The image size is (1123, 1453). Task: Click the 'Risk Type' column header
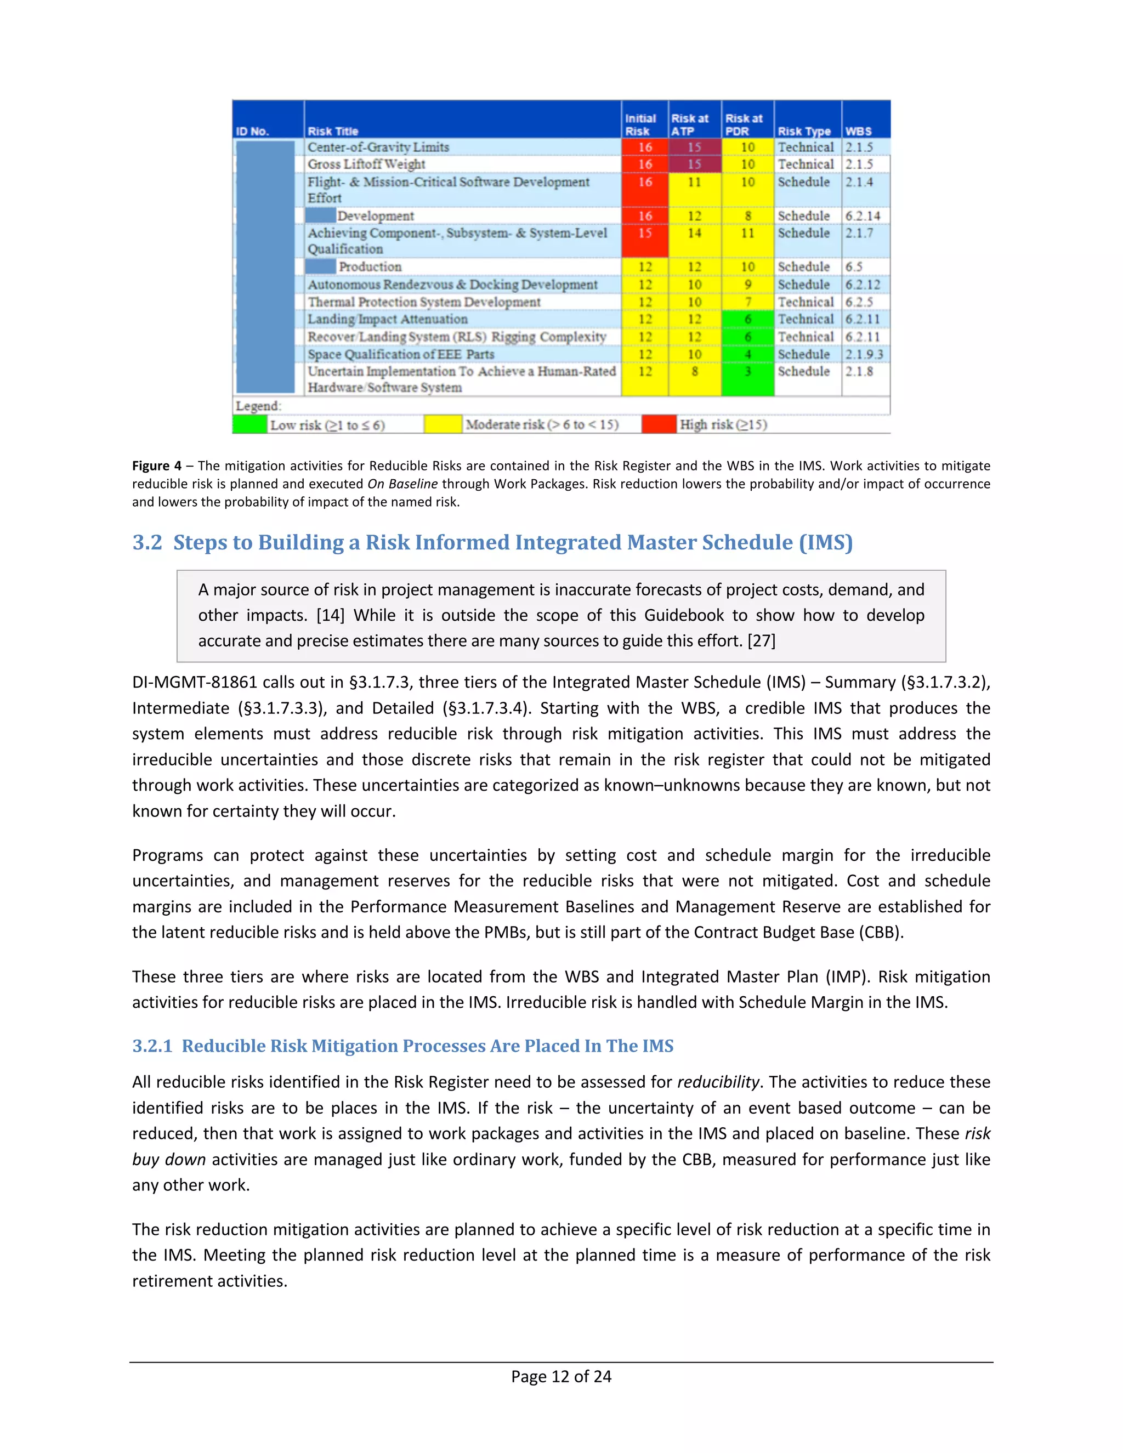[804, 131]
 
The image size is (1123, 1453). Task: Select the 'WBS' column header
[858, 131]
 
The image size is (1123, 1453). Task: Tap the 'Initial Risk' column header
[640, 124]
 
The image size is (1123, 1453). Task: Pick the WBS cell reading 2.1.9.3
[864, 355]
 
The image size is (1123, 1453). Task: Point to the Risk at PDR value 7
[748, 302]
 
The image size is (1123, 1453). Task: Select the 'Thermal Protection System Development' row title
[424, 302]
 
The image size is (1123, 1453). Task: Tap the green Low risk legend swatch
[249, 424]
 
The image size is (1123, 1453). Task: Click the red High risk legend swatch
[659, 424]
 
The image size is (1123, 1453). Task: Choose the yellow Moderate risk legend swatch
[443, 424]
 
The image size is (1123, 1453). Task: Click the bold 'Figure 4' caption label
[156, 466]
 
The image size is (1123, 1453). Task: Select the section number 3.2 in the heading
[147, 542]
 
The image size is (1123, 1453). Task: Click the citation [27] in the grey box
[761, 640]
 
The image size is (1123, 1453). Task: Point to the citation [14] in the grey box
[330, 615]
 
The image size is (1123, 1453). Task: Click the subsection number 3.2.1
[152, 1046]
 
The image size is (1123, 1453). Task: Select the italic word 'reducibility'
[718, 1082]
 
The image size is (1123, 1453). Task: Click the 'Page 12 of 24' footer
[561, 1376]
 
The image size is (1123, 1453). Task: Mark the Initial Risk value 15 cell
[645, 234]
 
